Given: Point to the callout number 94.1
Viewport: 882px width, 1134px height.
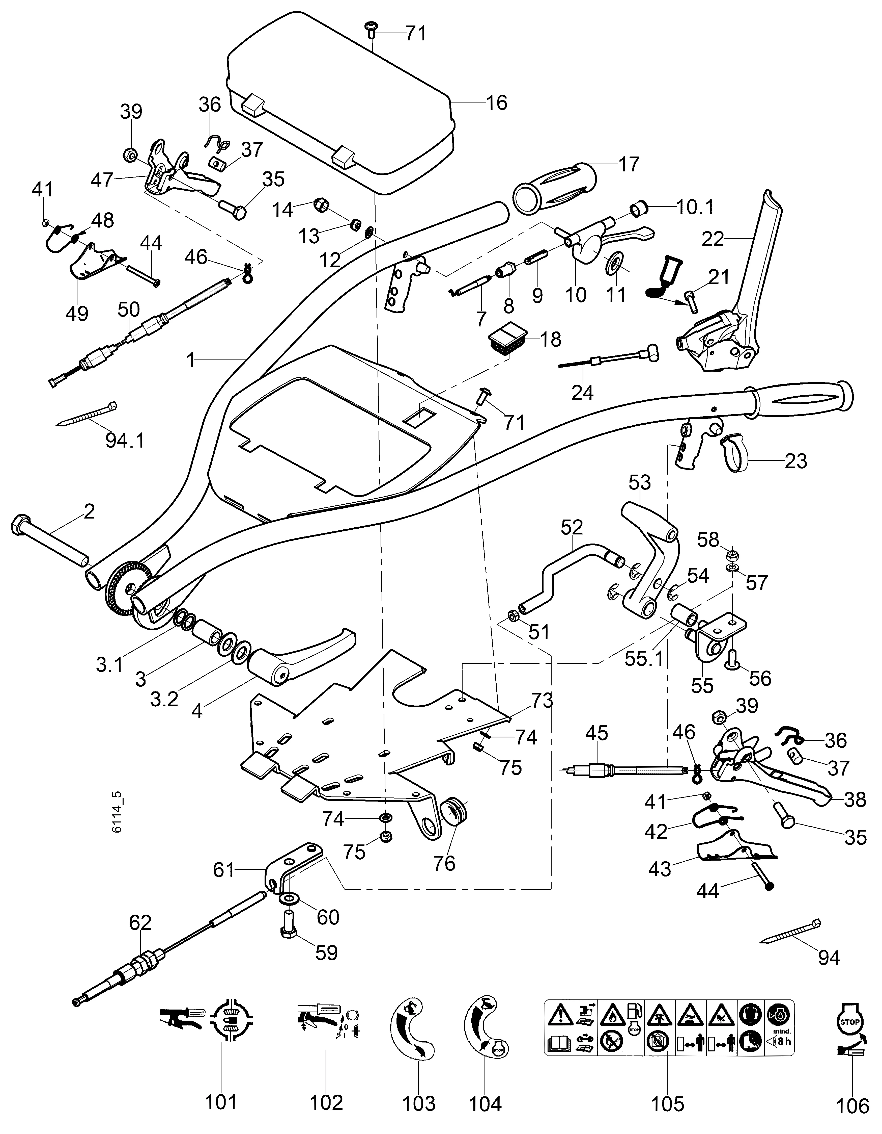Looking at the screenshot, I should (x=125, y=440).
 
